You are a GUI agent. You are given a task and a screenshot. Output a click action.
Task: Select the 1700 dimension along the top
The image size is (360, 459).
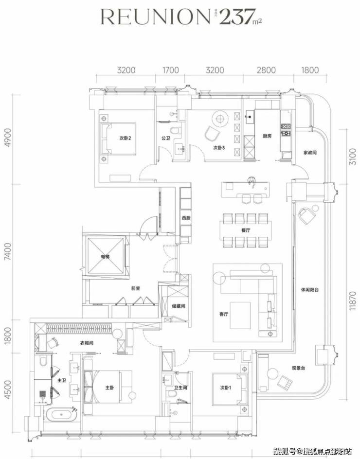(170, 71)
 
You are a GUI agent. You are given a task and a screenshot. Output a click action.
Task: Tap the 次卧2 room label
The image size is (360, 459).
(126, 138)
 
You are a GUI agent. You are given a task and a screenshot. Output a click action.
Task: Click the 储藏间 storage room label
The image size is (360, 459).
(178, 306)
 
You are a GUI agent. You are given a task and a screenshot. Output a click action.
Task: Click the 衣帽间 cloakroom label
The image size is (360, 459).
(87, 343)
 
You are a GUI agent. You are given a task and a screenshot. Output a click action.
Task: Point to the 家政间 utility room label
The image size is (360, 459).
(310, 152)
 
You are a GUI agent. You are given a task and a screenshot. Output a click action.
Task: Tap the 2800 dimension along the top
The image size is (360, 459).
(266, 71)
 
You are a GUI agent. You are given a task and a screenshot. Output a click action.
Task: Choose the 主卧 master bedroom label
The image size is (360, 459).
(109, 388)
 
